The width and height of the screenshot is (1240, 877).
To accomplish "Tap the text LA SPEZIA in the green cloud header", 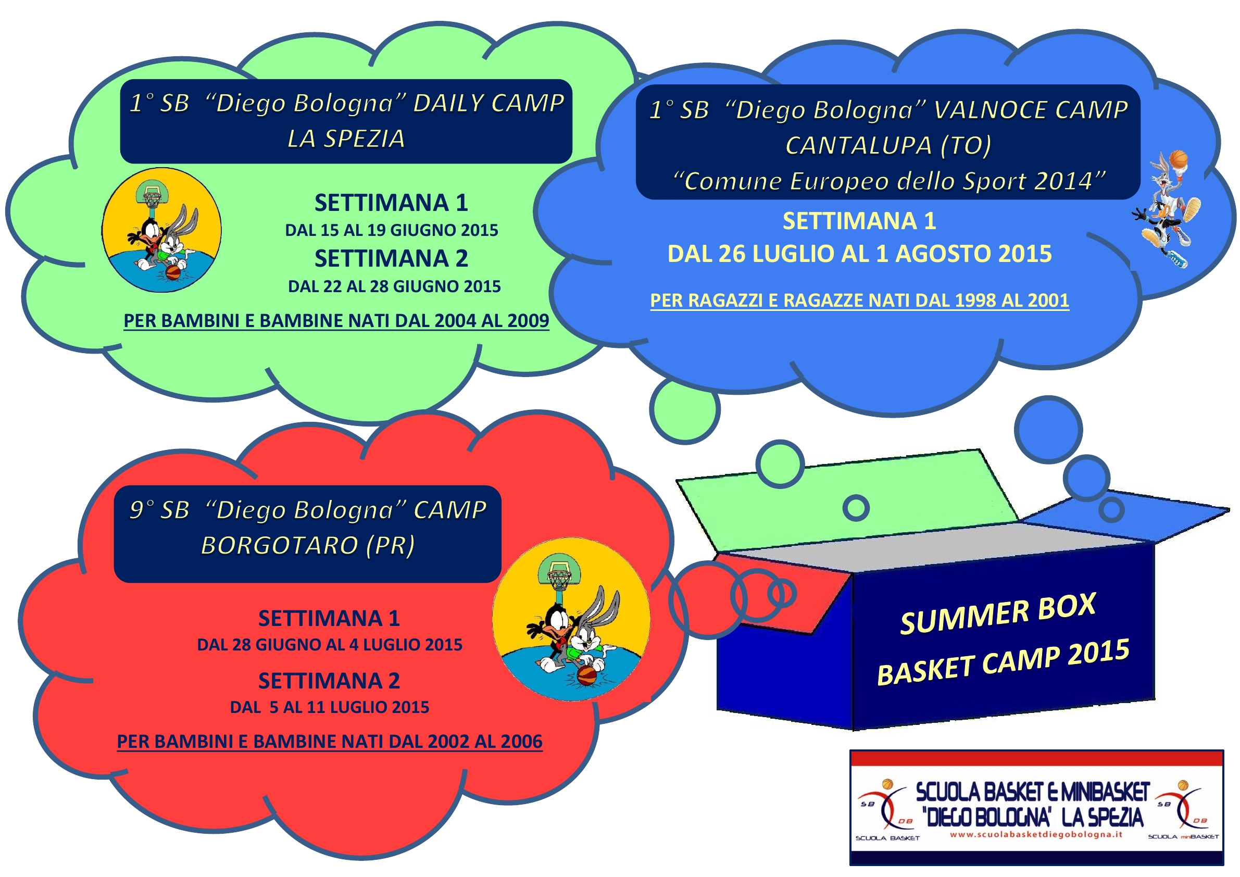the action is [x=346, y=139].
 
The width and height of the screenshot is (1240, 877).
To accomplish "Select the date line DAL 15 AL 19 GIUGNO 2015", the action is [x=392, y=230].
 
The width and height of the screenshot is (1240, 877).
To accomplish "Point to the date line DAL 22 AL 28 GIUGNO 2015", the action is [x=394, y=286].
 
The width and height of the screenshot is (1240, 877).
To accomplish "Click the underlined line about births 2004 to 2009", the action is [x=336, y=321].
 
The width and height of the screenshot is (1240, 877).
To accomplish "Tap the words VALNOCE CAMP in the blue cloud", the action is [x=1031, y=109].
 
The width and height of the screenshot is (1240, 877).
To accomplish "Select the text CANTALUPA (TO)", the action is [x=888, y=145].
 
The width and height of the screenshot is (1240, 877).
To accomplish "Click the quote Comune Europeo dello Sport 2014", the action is [x=889, y=181].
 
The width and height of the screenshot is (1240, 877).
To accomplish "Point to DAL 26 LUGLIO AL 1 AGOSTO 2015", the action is [x=860, y=254].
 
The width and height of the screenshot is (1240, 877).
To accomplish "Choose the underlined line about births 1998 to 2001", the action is [x=859, y=300].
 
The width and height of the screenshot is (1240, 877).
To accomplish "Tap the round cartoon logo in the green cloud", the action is [x=161, y=230].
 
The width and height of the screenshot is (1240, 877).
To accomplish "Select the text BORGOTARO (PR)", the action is [x=308, y=545].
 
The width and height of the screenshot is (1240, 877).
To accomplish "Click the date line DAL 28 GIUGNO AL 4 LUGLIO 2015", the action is [x=330, y=645].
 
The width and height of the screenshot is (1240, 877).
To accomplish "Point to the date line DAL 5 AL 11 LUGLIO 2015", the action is [x=330, y=707].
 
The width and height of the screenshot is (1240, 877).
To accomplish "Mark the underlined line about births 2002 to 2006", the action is [x=330, y=742].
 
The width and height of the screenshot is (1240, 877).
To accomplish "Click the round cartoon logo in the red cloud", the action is [x=571, y=619].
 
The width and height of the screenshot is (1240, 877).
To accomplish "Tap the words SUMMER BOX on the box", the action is [x=998, y=613].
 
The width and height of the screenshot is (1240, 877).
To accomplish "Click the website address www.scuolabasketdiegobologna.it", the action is [x=1036, y=834].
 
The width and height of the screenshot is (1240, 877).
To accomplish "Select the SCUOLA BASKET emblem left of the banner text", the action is [x=887, y=810].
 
